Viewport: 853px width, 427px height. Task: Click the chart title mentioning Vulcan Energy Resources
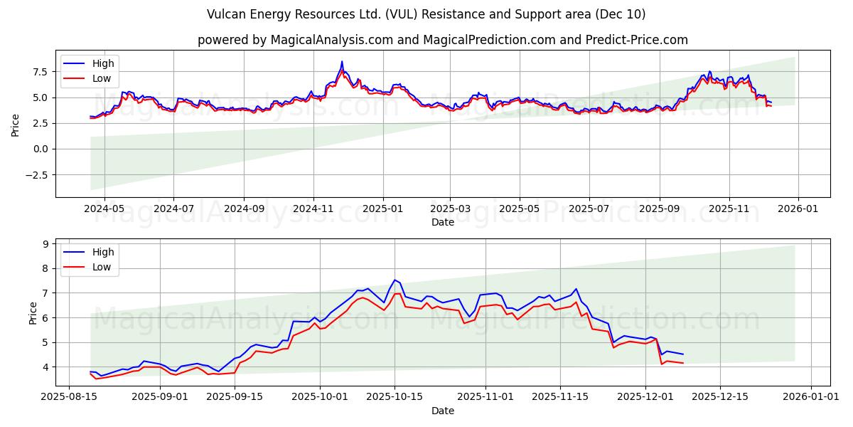[x=426, y=14]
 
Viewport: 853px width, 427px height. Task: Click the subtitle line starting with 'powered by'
[x=442, y=40]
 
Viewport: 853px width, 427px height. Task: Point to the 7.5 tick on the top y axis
[x=39, y=72]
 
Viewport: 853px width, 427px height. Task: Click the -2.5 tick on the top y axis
[x=36, y=175]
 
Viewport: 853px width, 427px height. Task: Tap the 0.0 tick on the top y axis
[x=39, y=149]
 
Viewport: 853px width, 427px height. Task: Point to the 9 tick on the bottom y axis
[x=45, y=244]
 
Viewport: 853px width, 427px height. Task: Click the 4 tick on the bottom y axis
[x=45, y=367]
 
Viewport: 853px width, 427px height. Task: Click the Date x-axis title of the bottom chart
[x=442, y=411]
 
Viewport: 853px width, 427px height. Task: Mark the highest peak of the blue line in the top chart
[x=342, y=61]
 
